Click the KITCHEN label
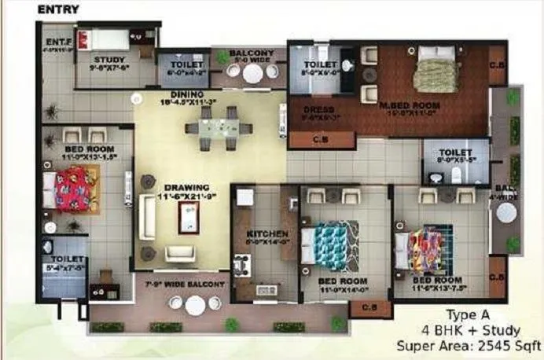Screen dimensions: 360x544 263,234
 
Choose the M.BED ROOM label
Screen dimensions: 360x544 410,105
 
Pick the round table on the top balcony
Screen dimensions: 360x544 252,72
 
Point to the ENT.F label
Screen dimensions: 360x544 57,42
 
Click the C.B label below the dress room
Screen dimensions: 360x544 310,140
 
